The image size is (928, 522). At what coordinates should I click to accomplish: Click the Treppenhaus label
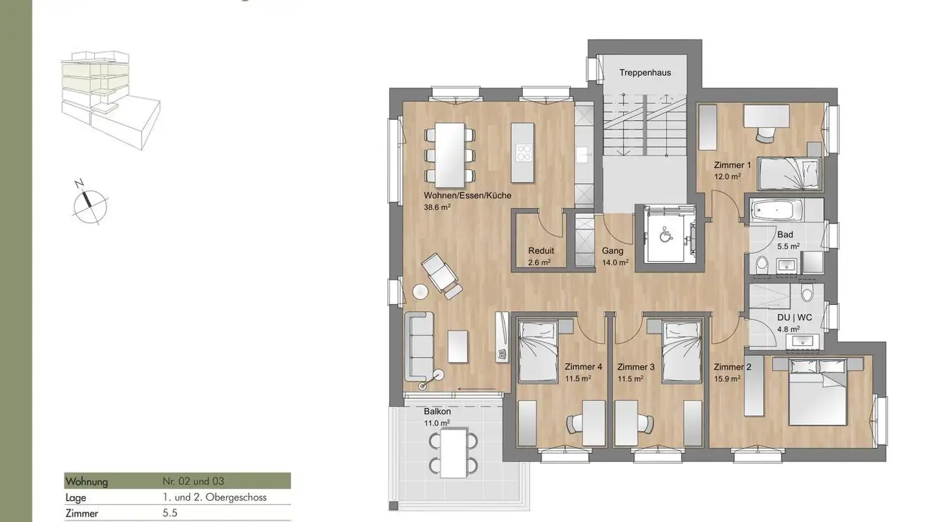click(x=645, y=73)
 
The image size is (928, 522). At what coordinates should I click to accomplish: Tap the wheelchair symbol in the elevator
click(x=664, y=236)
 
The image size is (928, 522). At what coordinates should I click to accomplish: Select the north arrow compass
click(x=90, y=203)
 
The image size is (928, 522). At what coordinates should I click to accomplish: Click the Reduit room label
click(x=541, y=251)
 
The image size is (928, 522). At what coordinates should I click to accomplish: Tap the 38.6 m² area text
click(x=437, y=208)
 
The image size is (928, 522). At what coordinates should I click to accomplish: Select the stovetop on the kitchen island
click(x=524, y=153)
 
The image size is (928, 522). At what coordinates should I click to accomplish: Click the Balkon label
click(x=437, y=411)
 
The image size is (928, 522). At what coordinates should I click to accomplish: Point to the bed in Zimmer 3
click(x=681, y=352)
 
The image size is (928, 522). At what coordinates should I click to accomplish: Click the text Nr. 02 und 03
click(x=193, y=481)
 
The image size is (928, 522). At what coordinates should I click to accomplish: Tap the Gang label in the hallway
click(x=612, y=251)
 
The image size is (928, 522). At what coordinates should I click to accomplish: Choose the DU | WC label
click(x=795, y=317)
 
